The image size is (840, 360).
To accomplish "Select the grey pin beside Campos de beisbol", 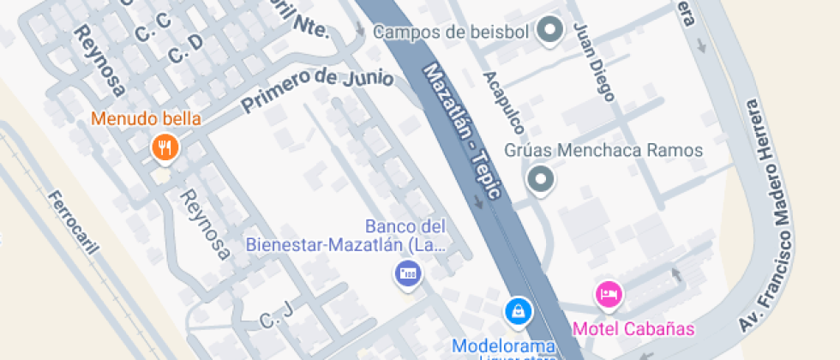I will (549, 33).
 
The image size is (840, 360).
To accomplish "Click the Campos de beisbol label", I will (452, 33).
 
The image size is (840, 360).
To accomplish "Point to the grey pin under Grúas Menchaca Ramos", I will (540, 180).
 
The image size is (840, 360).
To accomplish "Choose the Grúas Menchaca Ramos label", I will (603, 151).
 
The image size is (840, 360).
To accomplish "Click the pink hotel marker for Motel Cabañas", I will (609, 295).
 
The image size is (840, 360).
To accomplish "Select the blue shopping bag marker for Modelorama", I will (518, 310).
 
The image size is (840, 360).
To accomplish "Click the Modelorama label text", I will (506, 346).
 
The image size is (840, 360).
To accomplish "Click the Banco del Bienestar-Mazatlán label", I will (346, 237).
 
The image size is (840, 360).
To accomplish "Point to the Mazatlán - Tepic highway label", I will (462, 133).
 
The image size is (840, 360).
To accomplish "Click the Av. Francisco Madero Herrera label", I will (771, 214).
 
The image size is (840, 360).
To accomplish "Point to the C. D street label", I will (185, 50).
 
